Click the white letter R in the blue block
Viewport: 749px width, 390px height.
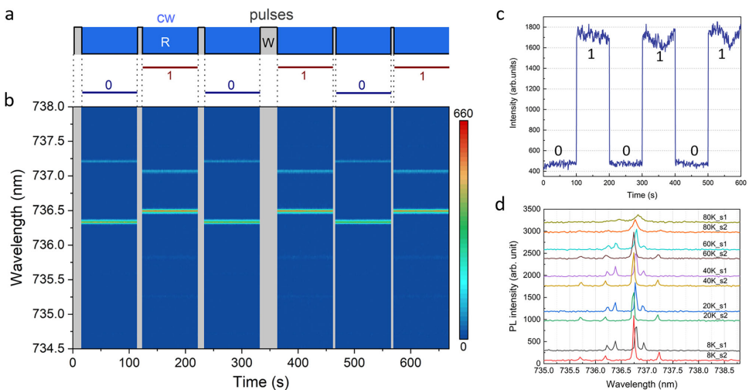click(x=165, y=43)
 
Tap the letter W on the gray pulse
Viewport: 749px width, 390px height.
click(x=267, y=43)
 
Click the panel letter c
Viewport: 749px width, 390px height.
click(x=501, y=13)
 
